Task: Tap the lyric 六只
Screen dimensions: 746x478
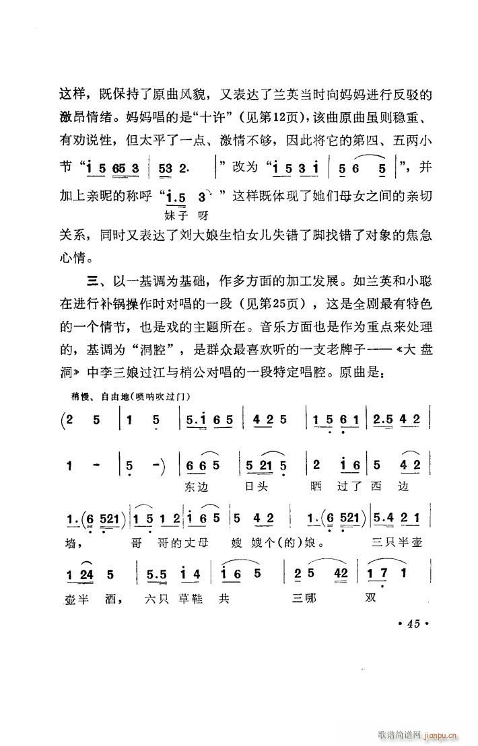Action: point(158,597)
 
